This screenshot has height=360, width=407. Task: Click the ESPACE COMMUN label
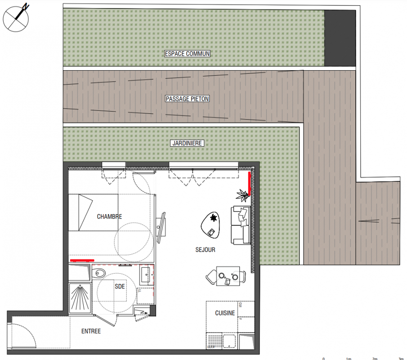click(x=187, y=54)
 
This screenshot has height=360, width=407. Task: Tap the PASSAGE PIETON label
click(x=187, y=99)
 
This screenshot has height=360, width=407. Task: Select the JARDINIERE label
click(x=187, y=143)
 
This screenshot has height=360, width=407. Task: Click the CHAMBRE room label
click(x=109, y=216)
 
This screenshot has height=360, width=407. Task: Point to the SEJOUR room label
click(x=206, y=250)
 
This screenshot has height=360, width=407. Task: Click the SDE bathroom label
click(x=120, y=286)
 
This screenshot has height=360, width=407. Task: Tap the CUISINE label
click(x=225, y=313)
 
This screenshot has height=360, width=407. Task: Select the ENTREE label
click(x=91, y=331)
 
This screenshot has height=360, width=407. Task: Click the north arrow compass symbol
click(x=16, y=18)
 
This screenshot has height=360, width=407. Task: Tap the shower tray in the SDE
click(x=80, y=298)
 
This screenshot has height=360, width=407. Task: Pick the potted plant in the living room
click(x=243, y=195)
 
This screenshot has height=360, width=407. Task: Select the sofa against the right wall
click(x=241, y=225)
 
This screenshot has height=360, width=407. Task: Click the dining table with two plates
click(x=228, y=276)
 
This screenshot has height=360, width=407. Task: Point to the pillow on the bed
click(x=85, y=212)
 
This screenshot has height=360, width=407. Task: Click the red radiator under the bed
click(x=82, y=260)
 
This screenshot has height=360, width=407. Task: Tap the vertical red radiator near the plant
click(x=250, y=184)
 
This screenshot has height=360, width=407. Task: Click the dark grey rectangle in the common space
click(x=340, y=38)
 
